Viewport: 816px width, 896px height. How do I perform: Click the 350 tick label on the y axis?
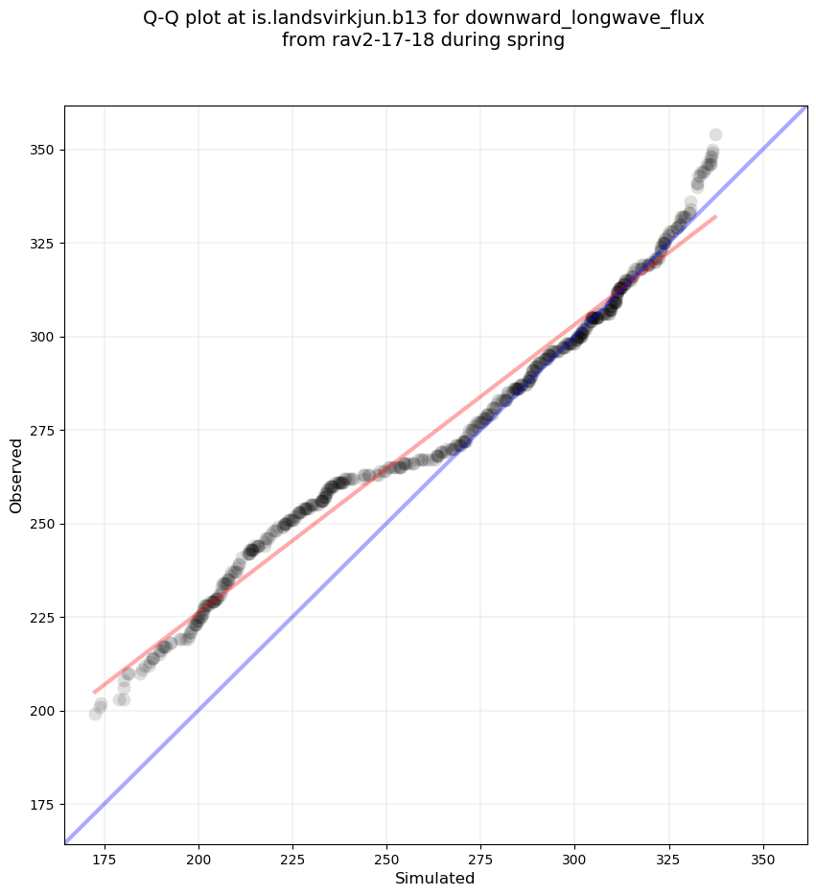[x=43, y=150]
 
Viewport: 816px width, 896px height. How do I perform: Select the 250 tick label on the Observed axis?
[x=43, y=524]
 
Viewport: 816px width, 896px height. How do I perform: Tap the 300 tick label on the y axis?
[x=43, y=337]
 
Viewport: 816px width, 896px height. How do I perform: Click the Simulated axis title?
[x=435, y=878]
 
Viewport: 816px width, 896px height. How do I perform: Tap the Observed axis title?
[x=16, y=475]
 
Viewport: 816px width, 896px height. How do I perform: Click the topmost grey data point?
[x=715, y=134]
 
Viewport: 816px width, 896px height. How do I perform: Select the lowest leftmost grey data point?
[x=95, y=714]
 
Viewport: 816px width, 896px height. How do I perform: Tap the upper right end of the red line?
[x=715, y=217]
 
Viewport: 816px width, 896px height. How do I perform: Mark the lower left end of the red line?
[x=94, y=692]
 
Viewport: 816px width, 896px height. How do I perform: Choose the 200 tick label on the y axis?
[x=43, y=711]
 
